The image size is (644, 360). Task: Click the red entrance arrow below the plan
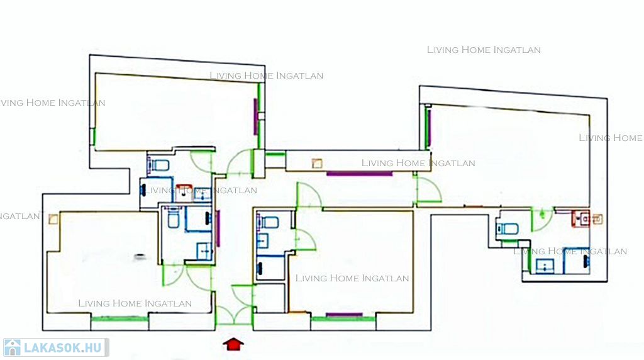coord(233,344)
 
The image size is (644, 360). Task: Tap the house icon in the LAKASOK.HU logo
coord(13,347)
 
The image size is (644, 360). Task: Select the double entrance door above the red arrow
coord(234,315)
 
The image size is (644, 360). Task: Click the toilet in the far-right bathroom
coord(508,228)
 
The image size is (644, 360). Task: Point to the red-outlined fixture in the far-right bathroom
coord(580,218)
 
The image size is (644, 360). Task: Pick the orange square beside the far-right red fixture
coord(597,219)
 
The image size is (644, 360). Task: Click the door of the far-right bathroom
coord(542,220)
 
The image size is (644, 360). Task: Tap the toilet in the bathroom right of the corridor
coord(268,222)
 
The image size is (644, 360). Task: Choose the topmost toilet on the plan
coord(158,165)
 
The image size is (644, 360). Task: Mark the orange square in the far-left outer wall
coord(53,219)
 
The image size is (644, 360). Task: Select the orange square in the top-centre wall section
coord(317,164)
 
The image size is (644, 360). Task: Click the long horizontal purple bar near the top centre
coord(359,174)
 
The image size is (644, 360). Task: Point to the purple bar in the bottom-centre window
coord(344,315)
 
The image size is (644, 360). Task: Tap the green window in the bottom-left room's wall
coord(119,318)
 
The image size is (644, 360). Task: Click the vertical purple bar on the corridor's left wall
coord(218,228)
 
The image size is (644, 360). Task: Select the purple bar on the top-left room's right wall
coord(255,116)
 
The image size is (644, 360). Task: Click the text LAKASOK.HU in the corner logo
coord(62,348)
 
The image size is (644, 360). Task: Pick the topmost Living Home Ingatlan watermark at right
coord(484,50)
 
